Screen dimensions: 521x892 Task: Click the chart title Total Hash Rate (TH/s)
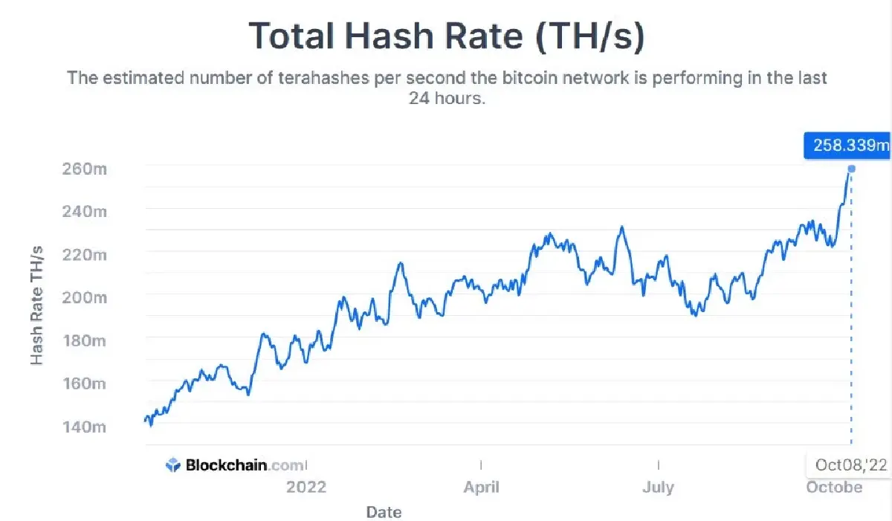pyautogui.click(x=446, y=35)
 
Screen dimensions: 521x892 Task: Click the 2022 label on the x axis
pyautogui.click(x=306, y=488)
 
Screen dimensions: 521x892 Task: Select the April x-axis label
pyautogui.click(x=481, y=488)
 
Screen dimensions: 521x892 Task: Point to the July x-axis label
pyautogui.click(x=658, y=488)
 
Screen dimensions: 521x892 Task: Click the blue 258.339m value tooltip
pyautogui.click(x=847, y=144)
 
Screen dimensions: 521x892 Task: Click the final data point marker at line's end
pyautogui.click(x=852, y=169)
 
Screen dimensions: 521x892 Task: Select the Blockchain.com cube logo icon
pyautogui.click(x=173, y=465)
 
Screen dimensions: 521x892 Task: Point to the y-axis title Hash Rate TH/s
pyautogui.click(x=37, y=305)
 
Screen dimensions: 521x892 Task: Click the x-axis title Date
pyautogui.click(x=384, y=512)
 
